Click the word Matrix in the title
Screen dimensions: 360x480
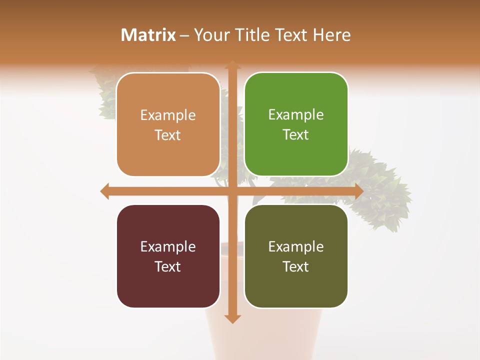pyautogui.click(x=148, y=35)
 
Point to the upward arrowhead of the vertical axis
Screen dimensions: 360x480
pyautogui.click(x=232, y=65)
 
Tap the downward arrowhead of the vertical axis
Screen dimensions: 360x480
pyautogui.click(x=232, y=318)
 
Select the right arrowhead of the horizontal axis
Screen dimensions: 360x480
pyautogui.click(x=358, y=191)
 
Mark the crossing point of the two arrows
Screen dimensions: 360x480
pyautogui.click(x=232, y=191)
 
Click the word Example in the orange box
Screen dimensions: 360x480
pyautogui.click(x=168, y=115)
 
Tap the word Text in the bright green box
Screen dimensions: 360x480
pyautogui.click(x=296, y=135)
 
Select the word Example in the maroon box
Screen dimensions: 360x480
pyautogui.click(x=168, y=247)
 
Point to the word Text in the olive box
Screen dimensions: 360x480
pyautogui.click(x=296, y=266)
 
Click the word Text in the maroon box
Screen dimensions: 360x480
pyautogui.click(x=168, y=266)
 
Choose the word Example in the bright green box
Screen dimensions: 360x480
pyautogui.click(x=296, y=115)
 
